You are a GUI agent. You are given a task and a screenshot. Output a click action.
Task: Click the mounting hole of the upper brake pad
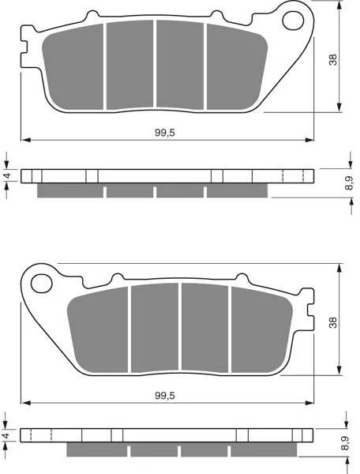point(293,21)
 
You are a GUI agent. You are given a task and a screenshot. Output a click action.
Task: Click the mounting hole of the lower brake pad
point(41,284)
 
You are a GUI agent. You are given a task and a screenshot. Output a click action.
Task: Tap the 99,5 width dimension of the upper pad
point(165,133)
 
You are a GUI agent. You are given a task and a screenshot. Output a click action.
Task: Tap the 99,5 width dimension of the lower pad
point(165,396)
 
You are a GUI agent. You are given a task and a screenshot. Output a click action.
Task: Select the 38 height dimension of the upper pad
point(333,60)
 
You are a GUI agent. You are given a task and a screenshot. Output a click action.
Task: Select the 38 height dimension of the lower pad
point(333,322)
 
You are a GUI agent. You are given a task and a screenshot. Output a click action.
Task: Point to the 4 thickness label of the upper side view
point(8,175)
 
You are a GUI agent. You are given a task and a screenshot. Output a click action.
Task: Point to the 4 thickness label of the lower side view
point(8,435)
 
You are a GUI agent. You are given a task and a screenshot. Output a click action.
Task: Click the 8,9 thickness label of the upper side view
point(349,183)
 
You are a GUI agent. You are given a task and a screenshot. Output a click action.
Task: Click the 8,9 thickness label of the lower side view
point(349,443)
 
